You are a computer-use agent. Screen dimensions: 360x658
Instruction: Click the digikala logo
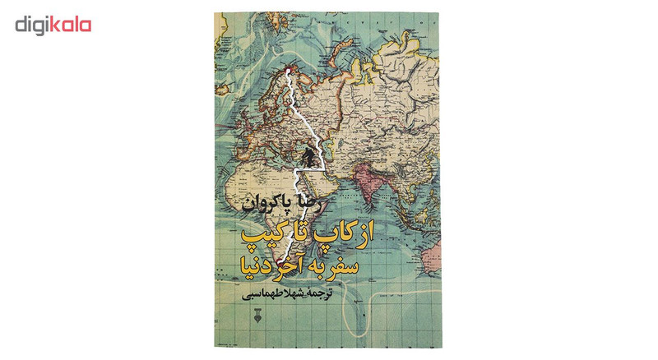point(53,25)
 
